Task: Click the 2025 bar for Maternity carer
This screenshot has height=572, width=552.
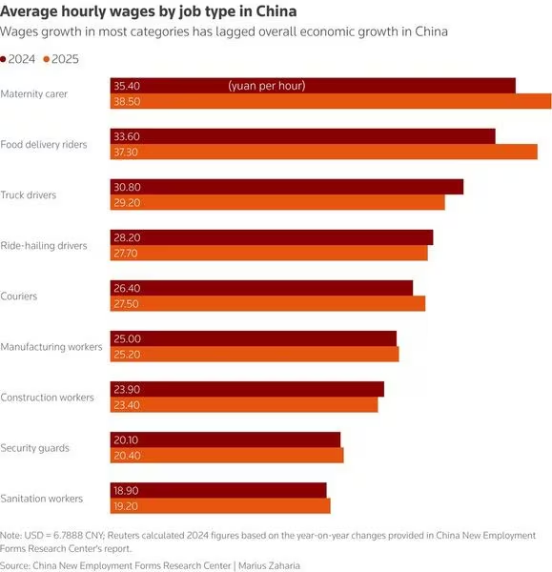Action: [331, 101]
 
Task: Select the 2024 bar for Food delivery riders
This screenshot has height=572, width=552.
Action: [303, 136]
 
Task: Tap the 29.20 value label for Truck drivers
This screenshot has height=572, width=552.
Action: [127, 202]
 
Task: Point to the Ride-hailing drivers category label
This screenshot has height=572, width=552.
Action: [44, 246]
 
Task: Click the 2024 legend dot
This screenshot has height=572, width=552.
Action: [3, 59]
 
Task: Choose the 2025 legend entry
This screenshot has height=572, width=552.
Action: [61, 59]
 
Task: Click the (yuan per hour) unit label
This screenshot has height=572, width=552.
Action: [267, 86]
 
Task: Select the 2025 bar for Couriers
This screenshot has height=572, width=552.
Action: [268, 303]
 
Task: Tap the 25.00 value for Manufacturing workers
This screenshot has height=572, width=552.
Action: [127, 338]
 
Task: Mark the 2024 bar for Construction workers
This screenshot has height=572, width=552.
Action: [247, 389]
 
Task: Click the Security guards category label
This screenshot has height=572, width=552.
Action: [34, 448]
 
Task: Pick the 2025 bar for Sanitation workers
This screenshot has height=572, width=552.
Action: [220, 506]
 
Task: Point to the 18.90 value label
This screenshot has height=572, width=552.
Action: [126, 491]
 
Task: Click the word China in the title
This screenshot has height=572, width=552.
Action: [276, 11]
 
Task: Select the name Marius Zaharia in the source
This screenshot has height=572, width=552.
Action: [269, 565]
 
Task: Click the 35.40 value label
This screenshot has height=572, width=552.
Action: [127, 86]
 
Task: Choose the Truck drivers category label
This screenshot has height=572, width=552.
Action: [29, 194]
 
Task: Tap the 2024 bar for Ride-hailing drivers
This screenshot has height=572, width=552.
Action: [272, 237]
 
